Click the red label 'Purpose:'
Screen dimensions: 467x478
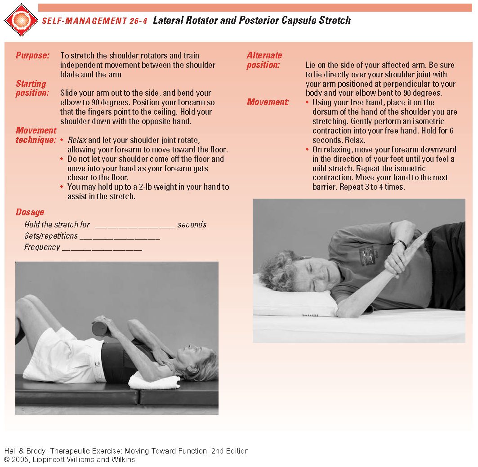coord(32,56)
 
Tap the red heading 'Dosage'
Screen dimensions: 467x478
coord(30,212)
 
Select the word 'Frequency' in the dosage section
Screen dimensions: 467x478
coord(42,247)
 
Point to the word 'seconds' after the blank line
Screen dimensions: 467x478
coord(192,225)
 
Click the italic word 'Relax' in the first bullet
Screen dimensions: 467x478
coord(77,140)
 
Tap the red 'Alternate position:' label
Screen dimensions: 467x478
coord(264,60)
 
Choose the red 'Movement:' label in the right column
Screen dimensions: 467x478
coord(268,102)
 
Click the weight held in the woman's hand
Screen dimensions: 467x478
coord(99,328)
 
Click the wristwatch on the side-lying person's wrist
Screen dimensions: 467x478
coord(400,244)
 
